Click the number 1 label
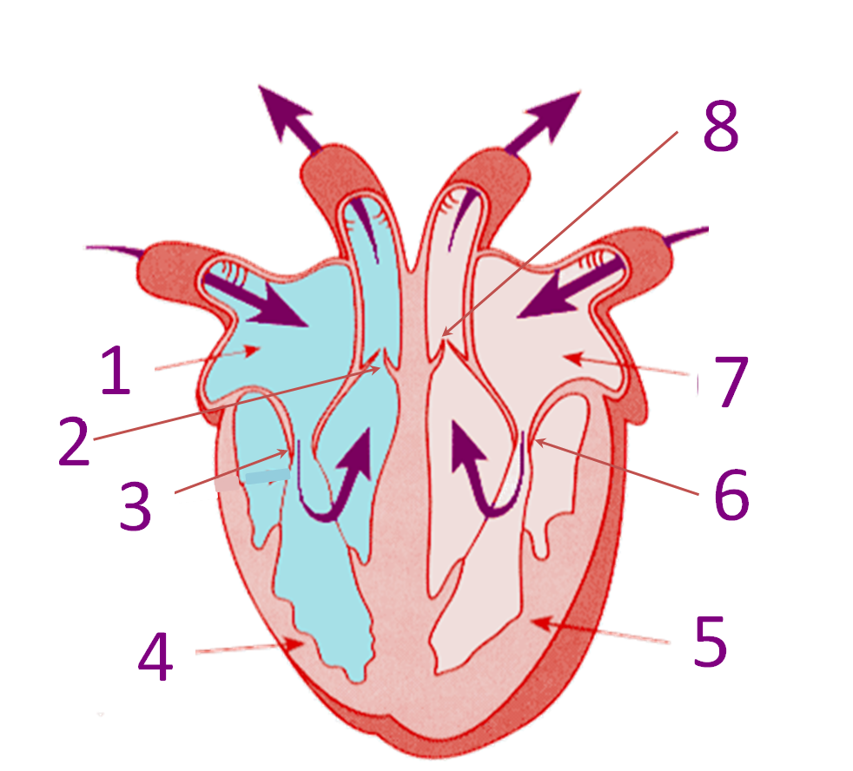pos(116,371)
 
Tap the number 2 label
pos(74,441)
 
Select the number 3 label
pos(135,506)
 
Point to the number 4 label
pos(155,656)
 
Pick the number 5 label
pos(711,641)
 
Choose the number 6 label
pos(731,495)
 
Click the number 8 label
pos(721,126)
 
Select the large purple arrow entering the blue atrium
pos(255,300)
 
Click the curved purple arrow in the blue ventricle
pos(334,475)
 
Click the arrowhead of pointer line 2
pos(375,369)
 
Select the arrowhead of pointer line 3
pos(283,451)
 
